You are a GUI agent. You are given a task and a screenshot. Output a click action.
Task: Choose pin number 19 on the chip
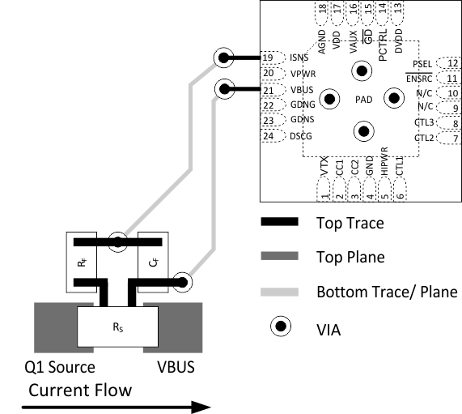(x=268, y=58)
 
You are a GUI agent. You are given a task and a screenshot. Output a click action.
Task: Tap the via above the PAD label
(x=362, y=71)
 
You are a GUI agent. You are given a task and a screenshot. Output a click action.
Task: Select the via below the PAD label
(x=362, y=130)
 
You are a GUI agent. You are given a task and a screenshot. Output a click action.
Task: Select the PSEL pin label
(x=422, y=63)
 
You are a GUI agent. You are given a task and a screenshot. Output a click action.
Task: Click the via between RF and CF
(x=118, y=241)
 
